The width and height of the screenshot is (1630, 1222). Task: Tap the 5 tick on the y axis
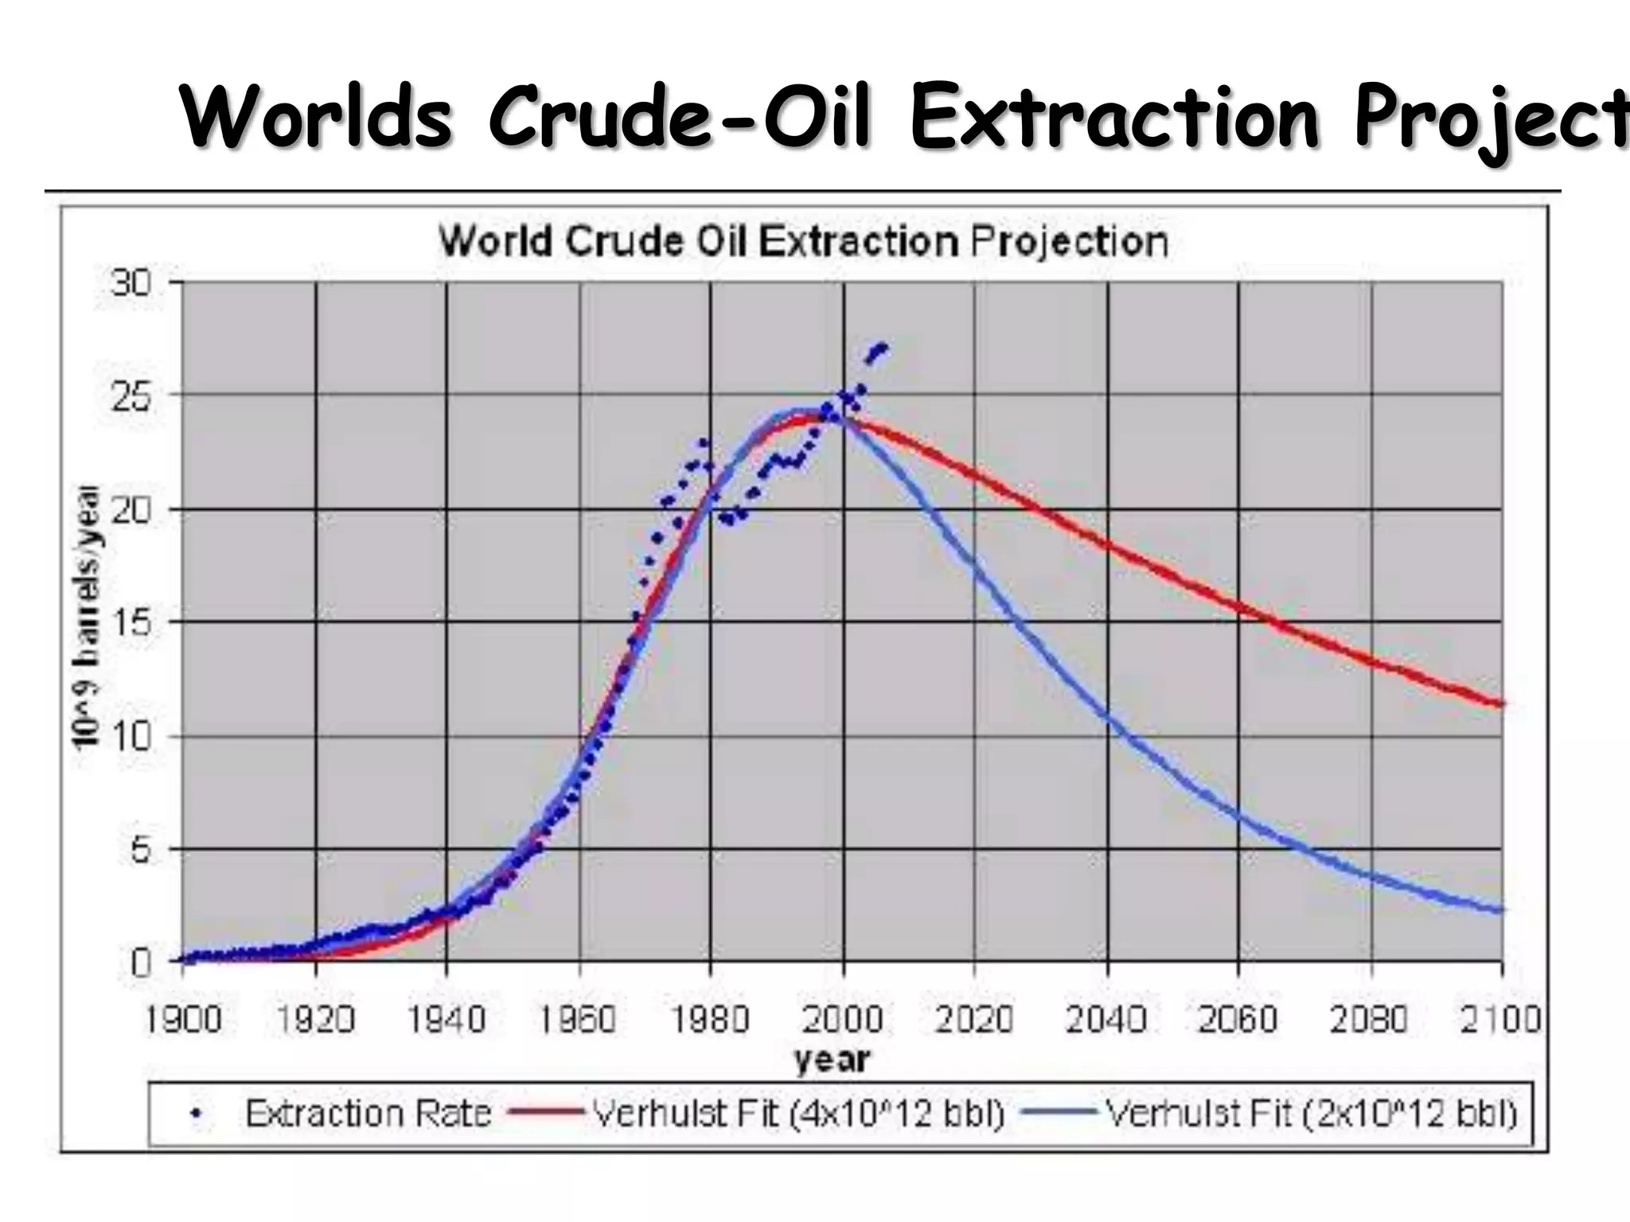pos(139,850)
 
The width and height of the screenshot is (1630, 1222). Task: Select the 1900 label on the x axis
pos(183,1019)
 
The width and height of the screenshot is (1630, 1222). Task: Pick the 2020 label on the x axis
pos(974,1019)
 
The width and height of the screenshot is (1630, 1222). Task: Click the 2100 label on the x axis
pos(1500,1019)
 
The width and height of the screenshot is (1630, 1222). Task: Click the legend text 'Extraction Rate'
pos(368,1114)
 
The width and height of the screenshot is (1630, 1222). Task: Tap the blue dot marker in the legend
pos(196,1115)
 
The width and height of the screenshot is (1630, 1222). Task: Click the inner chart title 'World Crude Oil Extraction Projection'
pos(804,241)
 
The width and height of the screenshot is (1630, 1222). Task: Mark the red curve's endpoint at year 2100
pos(1501,703)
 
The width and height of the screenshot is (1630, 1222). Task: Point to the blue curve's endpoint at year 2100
pos(1501,909)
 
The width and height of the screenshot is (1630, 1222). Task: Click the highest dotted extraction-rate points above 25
pos(879,349)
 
